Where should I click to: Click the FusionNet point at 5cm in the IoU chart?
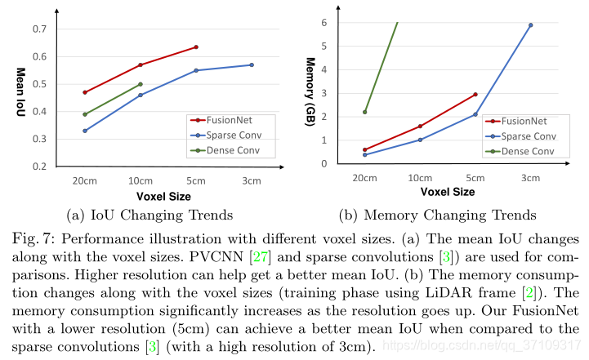coord(196,47)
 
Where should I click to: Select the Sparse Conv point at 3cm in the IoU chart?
coord(252,64)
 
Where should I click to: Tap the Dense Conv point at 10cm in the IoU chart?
coord(141,84)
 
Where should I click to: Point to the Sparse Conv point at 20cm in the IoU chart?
coord(85,131)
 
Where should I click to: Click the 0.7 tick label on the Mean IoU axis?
coord(39,29)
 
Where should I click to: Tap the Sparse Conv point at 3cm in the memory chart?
coord(531,25)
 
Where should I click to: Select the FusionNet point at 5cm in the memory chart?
coord(475,95)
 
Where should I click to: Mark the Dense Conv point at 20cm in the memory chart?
coord(365,112)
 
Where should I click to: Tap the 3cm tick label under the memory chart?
coord(531,178)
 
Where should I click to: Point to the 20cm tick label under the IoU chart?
coord(85,180)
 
